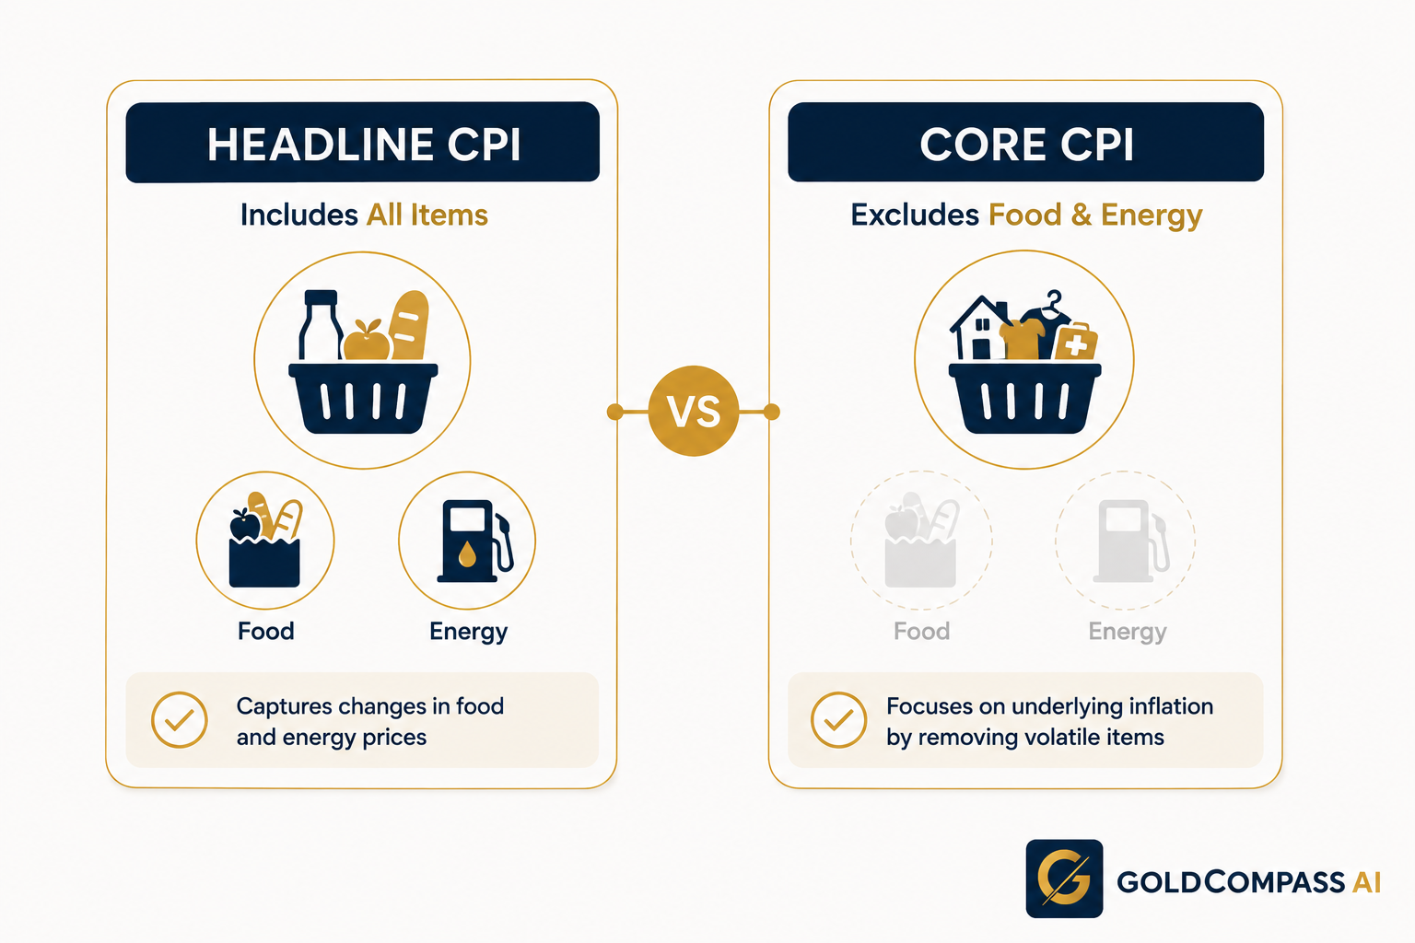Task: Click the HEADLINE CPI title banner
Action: [x=363, y=142]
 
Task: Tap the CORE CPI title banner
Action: [x=1026, y=142]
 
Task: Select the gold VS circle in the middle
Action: [x=694, y=411]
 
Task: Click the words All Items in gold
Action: [x=427, y=215]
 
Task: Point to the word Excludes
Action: [x=915, y=215]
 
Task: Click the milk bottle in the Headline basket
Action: [x=321, y=325]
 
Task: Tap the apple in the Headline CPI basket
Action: [x=367, y=341]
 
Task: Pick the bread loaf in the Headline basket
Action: [x=409, y=326]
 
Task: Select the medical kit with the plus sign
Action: [x=1076, y=343]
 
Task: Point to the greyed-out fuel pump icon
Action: [x=1131, y=541]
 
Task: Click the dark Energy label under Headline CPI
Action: [x=468, y=632]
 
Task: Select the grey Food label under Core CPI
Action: [x=921, y=631]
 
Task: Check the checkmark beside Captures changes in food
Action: [x=180, y=720]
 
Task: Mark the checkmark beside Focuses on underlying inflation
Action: [x=839, y=720]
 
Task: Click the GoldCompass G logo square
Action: [x=1064, y=879]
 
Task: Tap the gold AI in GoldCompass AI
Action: [x=1366, y=882]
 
